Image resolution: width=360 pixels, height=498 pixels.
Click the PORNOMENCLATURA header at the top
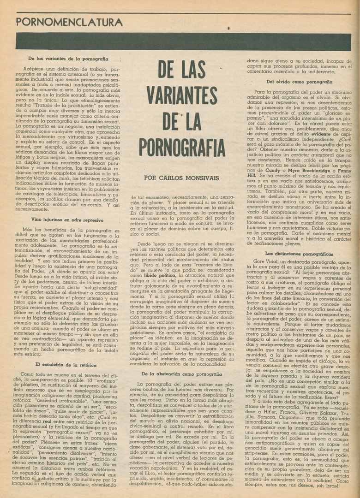pos(69,22)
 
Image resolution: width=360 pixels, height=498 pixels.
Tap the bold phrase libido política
pos(171,275)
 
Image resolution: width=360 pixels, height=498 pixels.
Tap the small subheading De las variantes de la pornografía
pos(68,59)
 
